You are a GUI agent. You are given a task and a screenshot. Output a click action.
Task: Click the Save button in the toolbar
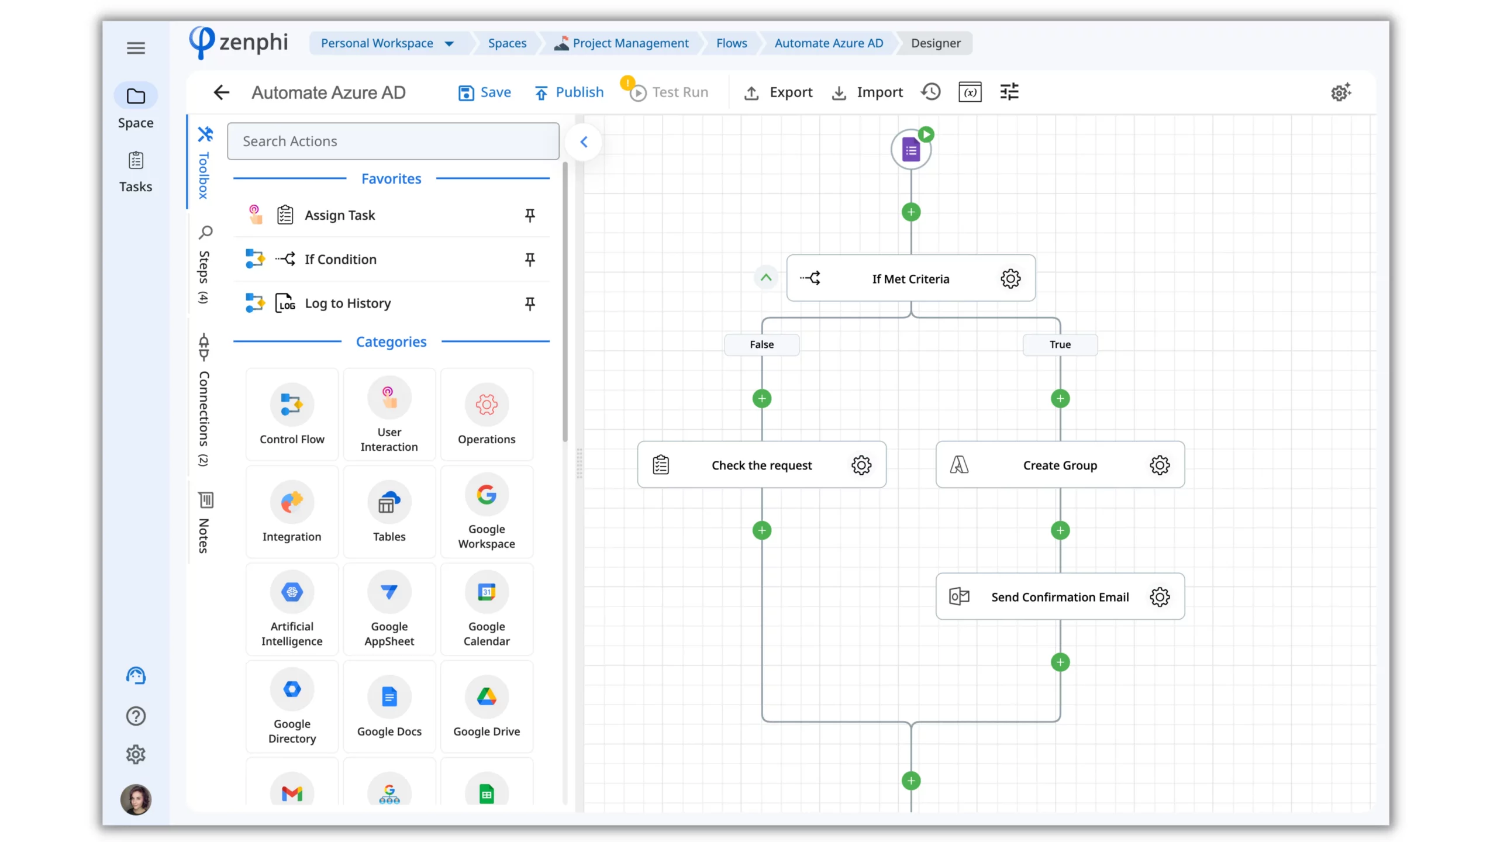(x=484, y=92)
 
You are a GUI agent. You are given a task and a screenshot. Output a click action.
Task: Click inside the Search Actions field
(x=393, y=141)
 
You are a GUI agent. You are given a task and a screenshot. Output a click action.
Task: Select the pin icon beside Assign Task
(x=530, y=215)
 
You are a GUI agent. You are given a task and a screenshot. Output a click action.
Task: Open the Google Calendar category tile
(x=487, y=609)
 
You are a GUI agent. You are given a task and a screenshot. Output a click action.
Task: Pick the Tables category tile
(x=389, y=512)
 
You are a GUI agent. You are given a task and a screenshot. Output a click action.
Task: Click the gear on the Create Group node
(x=1160, y=465)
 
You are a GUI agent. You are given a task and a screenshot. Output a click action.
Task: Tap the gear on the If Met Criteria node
(x=1010, y=278)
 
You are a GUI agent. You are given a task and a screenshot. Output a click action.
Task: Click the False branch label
(x=761, y=344)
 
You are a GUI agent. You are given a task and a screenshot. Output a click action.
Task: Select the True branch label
(x=1060, y=344)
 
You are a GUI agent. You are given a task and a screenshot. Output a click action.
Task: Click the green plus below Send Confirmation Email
(x=1060, y=662)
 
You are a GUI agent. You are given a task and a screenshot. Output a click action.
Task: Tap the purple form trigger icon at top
(x=910, y=150)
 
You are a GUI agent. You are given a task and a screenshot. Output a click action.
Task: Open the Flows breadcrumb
(x=732, y=43)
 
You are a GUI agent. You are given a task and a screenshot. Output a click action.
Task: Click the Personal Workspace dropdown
(x=387, y=43)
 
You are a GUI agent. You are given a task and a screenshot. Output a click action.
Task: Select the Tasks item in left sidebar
(x=136, y=172)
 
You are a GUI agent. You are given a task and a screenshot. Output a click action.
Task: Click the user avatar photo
(x=136, y=799)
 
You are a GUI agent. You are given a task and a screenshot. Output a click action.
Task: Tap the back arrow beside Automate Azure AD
(x=222, y=92)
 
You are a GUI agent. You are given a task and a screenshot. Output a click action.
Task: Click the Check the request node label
(x=761, y=465)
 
